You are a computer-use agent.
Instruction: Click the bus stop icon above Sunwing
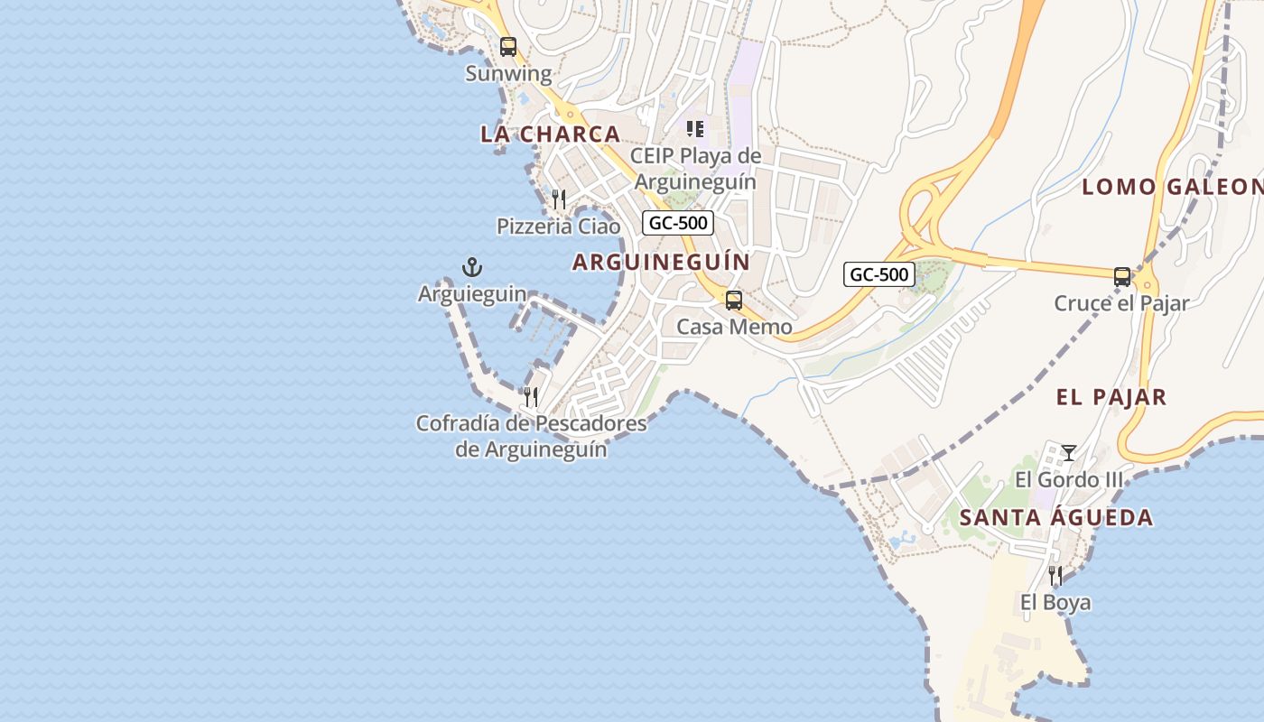pos(508,47)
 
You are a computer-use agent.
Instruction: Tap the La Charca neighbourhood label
pos(550,134)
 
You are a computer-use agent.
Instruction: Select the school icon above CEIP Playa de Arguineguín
pos(694,129)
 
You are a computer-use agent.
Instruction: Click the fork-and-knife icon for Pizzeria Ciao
pos(559,199)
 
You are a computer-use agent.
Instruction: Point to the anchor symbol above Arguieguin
pos(472,267)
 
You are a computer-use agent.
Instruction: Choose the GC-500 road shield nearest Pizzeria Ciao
pos(678,223)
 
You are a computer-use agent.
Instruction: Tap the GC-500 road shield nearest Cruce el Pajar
pos(879,274)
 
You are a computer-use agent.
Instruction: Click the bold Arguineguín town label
pos(661,262)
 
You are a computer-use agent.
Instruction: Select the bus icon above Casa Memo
pos(734,301)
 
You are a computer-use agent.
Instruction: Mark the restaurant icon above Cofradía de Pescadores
pos(531,396)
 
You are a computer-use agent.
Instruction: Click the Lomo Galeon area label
pos(1172,187)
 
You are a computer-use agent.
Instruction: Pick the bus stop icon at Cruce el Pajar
pos(1122,277)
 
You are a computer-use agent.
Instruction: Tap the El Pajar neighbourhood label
pos(1111,396)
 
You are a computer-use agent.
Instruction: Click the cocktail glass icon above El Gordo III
pos(1069,452)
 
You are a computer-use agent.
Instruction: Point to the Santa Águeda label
pos(1055,518)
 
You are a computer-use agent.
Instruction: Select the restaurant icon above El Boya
pos(1055,575)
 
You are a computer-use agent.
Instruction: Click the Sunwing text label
pos(508,73)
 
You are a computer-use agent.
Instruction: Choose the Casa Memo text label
pos(734,327)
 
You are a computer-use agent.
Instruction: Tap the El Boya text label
pos(1055,602)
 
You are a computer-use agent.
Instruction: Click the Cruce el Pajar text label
pos(1121,303)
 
